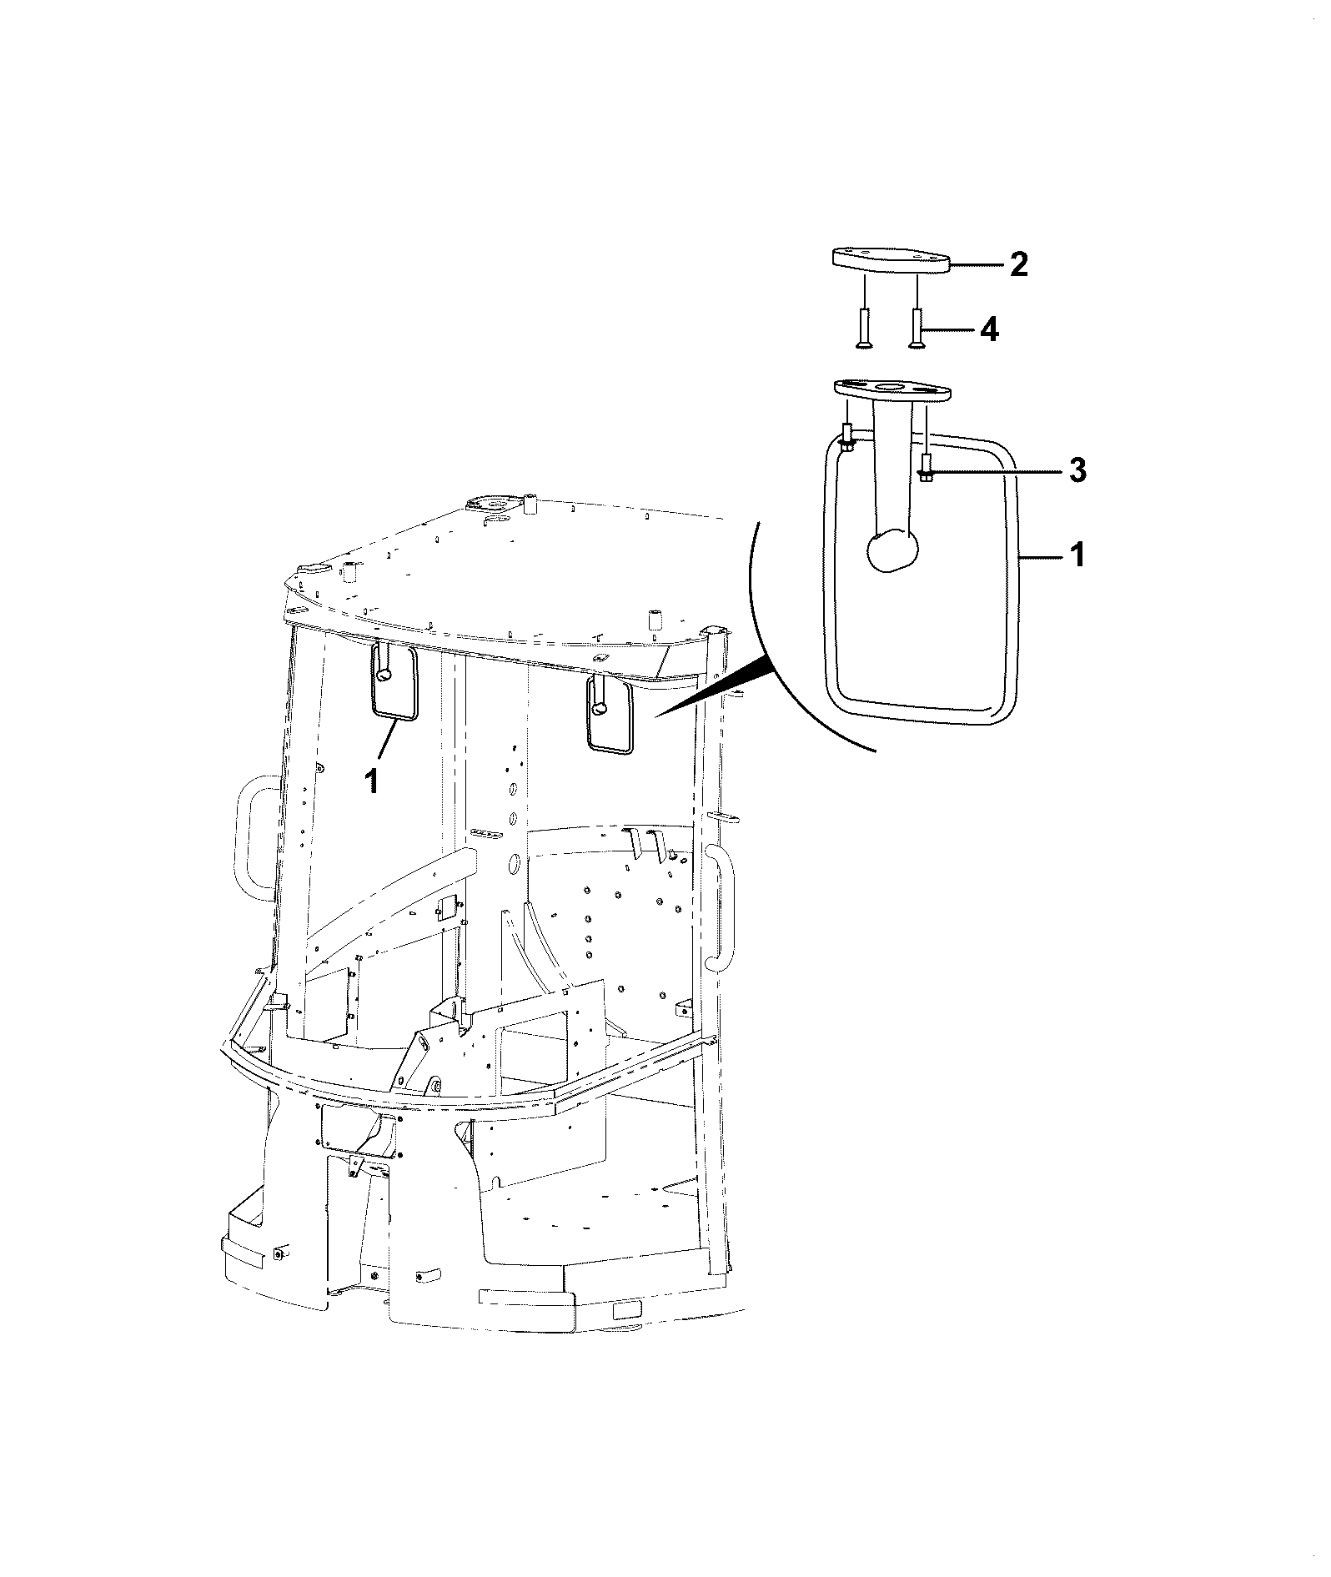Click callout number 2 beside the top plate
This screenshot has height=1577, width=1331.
tap(1018, 265)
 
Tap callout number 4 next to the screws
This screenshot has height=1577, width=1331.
tap(989, 330)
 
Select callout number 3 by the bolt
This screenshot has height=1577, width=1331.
tap(1077, 472)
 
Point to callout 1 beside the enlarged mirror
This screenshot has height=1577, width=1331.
tap(1077, 555)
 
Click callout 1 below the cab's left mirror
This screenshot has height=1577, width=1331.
tap(372, 781)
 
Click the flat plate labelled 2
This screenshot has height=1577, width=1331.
tap(892, 260)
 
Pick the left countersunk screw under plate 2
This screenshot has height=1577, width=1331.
tap(864, 329)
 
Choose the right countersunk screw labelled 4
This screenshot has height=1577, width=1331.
tap(917, 329)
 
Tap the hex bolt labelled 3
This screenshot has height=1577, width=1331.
tap(926, 468)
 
